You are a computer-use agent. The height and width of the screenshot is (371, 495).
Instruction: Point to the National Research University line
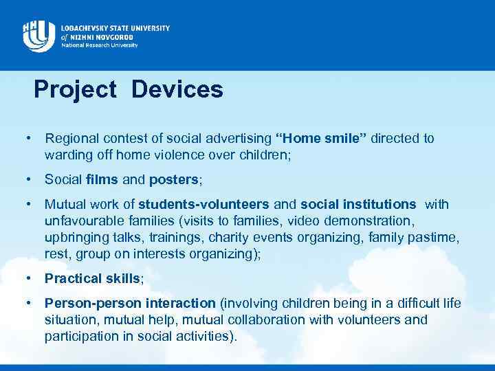click(99, 45)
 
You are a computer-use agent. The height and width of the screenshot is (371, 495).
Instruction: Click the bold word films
click(102, 180)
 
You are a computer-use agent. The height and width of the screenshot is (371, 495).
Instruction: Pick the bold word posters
click(174, 180)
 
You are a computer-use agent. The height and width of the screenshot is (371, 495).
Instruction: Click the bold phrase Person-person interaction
click(130, 303)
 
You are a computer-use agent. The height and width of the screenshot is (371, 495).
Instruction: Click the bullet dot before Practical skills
click(29, 278)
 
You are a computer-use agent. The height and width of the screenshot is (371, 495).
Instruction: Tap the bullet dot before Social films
click(29, 180)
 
